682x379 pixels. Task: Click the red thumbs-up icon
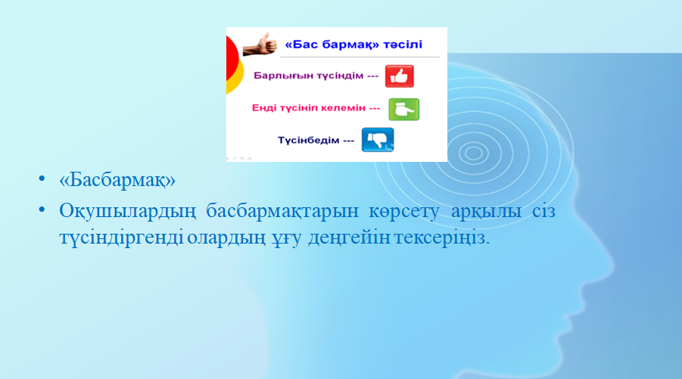click(399, 76)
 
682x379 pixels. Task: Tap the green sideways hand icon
click(403, 109)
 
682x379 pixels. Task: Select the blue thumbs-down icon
click(378, 139)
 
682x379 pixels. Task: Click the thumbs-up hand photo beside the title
click(260, 45)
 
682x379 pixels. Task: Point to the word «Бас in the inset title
click(301, 45)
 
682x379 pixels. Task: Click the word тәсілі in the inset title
click(403, 45)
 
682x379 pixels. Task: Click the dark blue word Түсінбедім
click(308, 141)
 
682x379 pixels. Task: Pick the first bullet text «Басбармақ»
click(117, 179)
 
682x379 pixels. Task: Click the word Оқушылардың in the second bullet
click(127, 212)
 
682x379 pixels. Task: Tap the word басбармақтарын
click(282, 212)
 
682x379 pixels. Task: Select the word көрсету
click(404, 212)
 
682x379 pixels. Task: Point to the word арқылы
click(486, 212)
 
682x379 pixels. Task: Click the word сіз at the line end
click(544, 211)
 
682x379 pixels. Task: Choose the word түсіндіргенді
click(121, 238)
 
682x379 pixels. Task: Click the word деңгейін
click(349, 238)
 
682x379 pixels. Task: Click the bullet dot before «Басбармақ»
click(42, 179)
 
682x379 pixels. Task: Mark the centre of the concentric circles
click(474, 153)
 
